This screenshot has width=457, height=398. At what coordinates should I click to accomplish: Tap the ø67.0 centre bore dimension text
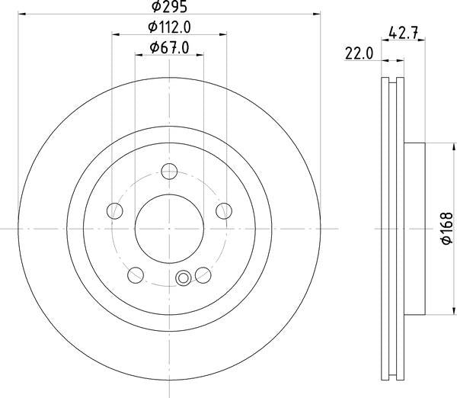pos(168,48)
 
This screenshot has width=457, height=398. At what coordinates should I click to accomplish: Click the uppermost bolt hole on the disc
pos(169,172)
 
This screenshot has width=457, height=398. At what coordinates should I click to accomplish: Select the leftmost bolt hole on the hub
pos(115,210)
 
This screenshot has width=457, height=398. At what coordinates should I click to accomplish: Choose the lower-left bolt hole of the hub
pos(136,274)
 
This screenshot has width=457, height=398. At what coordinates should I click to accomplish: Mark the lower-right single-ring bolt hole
pos(202,274)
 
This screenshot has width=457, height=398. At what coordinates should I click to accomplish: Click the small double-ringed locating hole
pos(183,278)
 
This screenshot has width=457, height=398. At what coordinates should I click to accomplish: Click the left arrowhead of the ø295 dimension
pos(21,14)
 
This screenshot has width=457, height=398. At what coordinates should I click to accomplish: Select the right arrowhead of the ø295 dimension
pos(316,14)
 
